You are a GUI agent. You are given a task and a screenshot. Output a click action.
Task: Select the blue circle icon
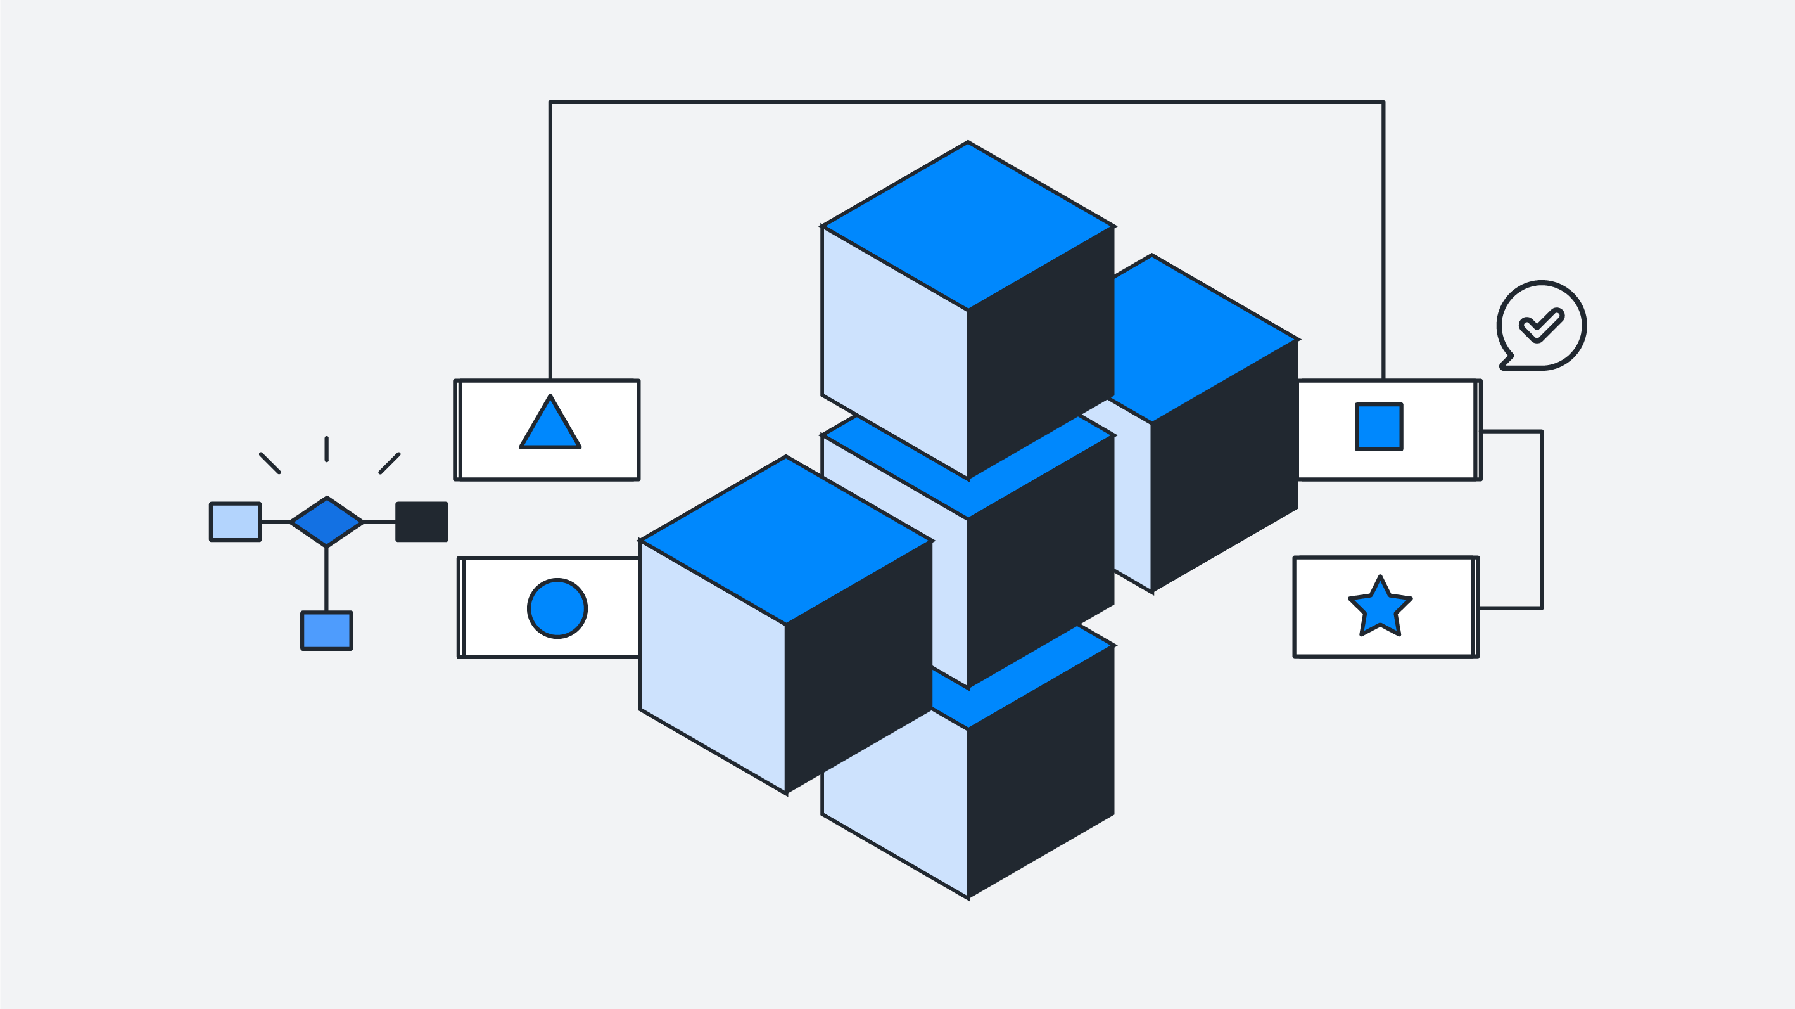click(x=557, y=608)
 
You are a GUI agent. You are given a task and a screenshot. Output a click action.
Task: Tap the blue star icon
click(x=1380, y=607)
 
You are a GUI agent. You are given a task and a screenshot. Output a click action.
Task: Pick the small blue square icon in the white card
click(x=1378, y=427)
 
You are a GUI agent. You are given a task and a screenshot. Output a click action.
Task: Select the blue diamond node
click(x=326, y=522)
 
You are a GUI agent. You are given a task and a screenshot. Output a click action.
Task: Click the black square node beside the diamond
click(x=422, y=522)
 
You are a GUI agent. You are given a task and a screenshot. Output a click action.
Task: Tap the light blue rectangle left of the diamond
click(x=236, y=522)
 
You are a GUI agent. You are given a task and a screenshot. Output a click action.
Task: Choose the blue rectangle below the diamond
click(x=326, y=631)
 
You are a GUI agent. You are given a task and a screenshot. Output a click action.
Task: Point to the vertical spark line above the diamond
click(x=326, y=449)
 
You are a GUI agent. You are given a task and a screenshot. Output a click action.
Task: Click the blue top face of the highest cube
click(x=967, y=225)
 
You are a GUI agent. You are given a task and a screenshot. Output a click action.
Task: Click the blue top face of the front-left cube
click(x=785, y=540)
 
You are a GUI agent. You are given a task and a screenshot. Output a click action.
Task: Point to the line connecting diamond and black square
click(x=379, y=522)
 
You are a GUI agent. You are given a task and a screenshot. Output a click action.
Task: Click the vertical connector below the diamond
click(x=326, y=579)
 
